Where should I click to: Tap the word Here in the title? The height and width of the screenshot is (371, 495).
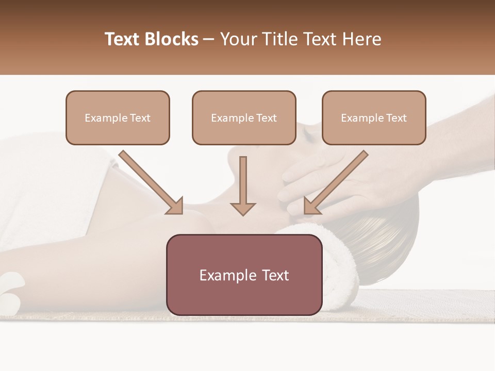(361, 39)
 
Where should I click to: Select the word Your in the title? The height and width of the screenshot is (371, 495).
(238, 39)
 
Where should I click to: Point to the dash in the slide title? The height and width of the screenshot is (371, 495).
(209, 39)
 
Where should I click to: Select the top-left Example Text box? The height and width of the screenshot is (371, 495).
(118, 117)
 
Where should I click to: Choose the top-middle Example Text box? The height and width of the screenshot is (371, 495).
(244, 117)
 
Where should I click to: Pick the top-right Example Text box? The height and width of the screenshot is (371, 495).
(374, 117)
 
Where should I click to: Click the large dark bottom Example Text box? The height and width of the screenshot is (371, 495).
(244, 275)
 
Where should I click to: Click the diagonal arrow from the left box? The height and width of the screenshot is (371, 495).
(151, 182)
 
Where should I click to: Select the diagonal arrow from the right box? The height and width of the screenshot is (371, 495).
(336, 182)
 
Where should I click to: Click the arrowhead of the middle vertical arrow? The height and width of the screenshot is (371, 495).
(243, 208)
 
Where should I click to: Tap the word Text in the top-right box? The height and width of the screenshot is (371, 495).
(396, 118)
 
